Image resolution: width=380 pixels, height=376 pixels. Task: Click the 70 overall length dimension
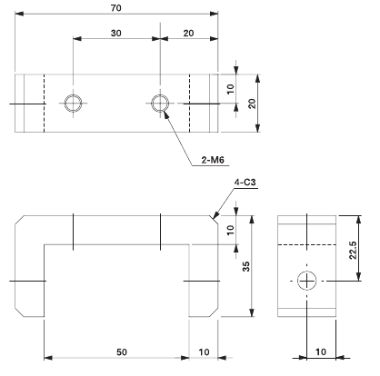click(116, 7)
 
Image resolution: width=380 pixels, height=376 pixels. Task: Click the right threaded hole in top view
click(159, 103)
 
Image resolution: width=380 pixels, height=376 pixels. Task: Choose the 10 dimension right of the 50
click(204, 349)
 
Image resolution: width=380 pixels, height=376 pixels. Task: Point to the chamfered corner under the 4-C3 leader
click(215, 219)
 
